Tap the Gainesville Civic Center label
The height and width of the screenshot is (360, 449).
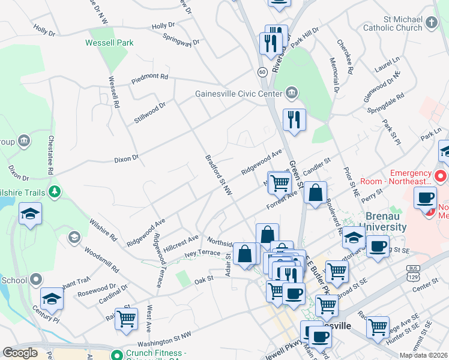point(238,94)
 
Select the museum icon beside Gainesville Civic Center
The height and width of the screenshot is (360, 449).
point(291,93)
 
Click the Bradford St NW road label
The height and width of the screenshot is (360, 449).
point(218,174)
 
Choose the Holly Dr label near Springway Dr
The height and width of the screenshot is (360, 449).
point(163,26)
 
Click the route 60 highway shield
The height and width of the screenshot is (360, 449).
point(262,72)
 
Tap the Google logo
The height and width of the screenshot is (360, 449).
point(20,353)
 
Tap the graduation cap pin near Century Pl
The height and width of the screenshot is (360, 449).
point(52,299)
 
